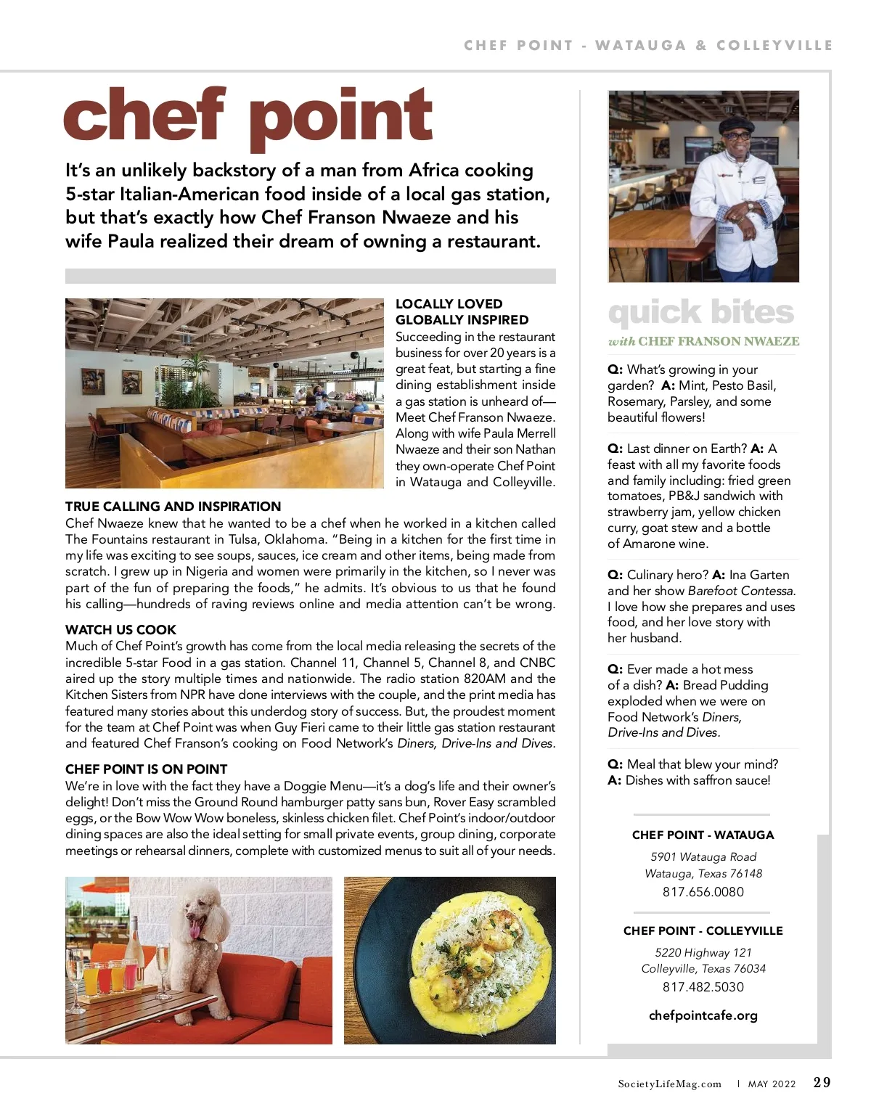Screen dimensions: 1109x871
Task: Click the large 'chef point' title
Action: pyautogui.click(x=248, y=116)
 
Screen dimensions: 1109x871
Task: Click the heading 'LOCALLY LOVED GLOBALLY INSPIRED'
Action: pyautogui.click(x=462, y=312)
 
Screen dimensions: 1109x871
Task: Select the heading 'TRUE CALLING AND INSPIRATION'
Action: pyautogui.click(x=173, y=507)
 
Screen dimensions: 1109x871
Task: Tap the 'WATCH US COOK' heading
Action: pyautogui.click(x=120, y=630)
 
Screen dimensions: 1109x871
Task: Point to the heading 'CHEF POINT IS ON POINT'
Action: pyautogui.click(x=146, y=769)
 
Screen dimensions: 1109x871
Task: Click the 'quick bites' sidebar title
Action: pyautogui.click(x=701, y=313)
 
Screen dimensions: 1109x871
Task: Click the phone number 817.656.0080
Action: pyautogui.click(x=703, y=892)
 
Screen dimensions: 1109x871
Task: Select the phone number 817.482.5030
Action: pyautogui.click(x=703, y=987)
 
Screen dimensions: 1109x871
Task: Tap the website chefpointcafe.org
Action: pyautogui.click(x=703, y=1015)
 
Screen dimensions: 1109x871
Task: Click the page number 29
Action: pyautogui.click(x=822, y=1083)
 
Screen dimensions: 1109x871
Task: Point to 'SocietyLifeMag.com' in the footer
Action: pyautogui.click(x=669, y=1084)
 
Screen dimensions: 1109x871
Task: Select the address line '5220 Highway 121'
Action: pyautogui.click(x=703, y=952)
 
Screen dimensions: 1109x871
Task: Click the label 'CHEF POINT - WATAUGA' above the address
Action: pyautogui.click(x=703, y=835)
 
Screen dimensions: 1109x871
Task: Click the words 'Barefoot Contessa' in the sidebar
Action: pyautogui.click(x=740, y=591)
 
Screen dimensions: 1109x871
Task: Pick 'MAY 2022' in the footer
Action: pyautogui.click(x=772, y=1084)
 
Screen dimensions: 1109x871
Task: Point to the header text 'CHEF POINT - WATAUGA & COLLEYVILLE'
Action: pyautogui.click(x=647, y=46)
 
